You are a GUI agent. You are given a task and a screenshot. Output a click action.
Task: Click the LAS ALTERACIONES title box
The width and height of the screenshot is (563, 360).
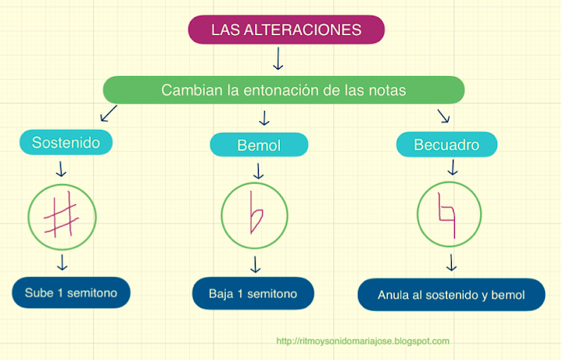(286, 30)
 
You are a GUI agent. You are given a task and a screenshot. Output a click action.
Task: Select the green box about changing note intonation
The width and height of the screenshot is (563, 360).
(283, 90)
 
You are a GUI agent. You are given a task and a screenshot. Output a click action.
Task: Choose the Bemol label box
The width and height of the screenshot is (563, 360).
(259, 145)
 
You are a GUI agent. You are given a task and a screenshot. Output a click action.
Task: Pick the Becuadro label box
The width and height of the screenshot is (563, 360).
(447, 145)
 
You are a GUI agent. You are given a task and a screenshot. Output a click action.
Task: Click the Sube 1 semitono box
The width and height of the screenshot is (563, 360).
(70, 293)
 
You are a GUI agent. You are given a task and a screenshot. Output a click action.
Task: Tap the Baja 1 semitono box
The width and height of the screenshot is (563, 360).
(253, 294)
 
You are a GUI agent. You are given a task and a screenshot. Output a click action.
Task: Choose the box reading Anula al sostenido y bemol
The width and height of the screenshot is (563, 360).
(450, 295)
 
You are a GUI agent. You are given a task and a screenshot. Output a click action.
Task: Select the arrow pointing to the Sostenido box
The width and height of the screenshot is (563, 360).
(109, 114)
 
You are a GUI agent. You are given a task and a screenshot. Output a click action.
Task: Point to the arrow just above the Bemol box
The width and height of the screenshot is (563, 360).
(264, 118)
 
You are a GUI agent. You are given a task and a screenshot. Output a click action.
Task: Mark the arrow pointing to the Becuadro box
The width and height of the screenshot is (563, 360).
(443, 116)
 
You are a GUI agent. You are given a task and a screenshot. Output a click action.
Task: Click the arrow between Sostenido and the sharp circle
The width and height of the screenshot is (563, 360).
(62, 168)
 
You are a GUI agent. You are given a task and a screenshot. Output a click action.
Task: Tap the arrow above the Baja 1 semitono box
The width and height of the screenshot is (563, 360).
(254, 264)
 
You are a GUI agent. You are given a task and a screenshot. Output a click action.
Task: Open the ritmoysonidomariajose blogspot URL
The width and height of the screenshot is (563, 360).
(363, 341)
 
